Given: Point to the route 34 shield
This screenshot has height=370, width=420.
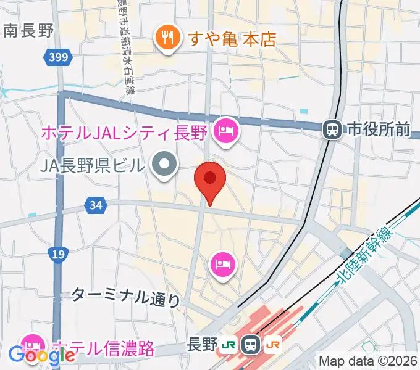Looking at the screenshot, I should click(95, 205).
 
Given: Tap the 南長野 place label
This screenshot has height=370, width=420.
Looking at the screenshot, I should click(28, 30).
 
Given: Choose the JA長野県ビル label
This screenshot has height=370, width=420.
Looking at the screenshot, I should click(92, 165).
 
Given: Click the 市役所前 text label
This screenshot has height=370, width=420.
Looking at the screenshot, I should click(379, 129).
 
